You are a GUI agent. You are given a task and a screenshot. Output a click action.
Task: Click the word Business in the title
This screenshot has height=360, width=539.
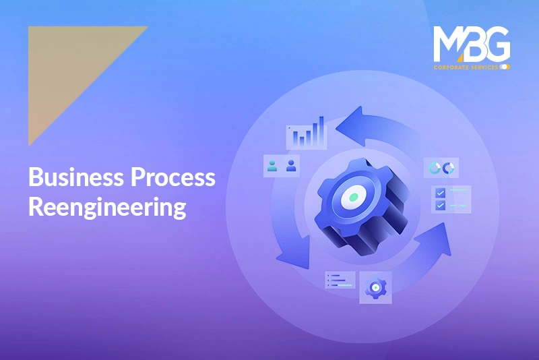click(76, 177)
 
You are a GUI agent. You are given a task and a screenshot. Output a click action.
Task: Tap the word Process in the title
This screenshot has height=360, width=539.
click(173, 177)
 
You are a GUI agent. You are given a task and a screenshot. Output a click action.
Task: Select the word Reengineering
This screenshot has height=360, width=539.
click(107, 207)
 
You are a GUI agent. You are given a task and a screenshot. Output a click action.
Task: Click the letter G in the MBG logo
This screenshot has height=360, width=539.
click(496, 43)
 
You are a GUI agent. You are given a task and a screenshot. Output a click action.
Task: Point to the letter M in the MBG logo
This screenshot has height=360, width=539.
click(447, 44)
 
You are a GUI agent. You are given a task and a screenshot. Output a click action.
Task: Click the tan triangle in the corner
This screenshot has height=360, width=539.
click(69, 65)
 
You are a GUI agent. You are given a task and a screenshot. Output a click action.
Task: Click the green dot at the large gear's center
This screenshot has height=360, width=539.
click(354, 197)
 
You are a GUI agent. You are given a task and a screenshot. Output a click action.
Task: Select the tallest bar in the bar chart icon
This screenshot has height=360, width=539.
click(321, 131)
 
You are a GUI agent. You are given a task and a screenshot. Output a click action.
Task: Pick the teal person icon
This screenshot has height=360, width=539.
click(272, 166)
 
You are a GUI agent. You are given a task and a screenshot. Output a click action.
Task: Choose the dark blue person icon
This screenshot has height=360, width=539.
click(291, 166)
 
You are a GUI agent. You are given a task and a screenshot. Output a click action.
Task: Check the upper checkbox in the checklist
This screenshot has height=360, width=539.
click(441, 193)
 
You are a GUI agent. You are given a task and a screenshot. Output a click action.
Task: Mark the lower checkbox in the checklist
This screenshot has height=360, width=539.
click(441, 206)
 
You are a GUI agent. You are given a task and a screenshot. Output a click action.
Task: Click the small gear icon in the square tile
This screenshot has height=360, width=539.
click(376, 287)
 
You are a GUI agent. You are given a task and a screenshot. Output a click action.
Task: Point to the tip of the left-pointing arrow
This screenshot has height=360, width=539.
click(336, 129)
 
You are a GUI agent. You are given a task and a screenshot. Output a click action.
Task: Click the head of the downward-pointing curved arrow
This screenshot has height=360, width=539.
click(294, 256)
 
